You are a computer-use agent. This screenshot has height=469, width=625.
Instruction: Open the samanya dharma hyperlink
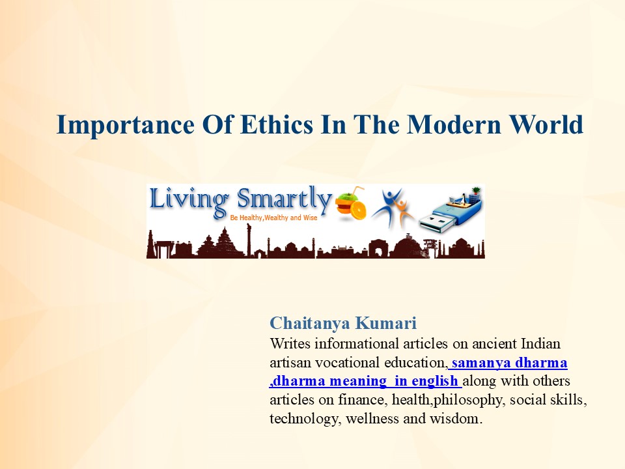[x=509, y=362]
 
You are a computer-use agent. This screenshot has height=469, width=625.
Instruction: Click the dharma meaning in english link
[x=364, y=381]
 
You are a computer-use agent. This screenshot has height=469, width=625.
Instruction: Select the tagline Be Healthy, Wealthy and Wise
[x=273, y=218]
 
